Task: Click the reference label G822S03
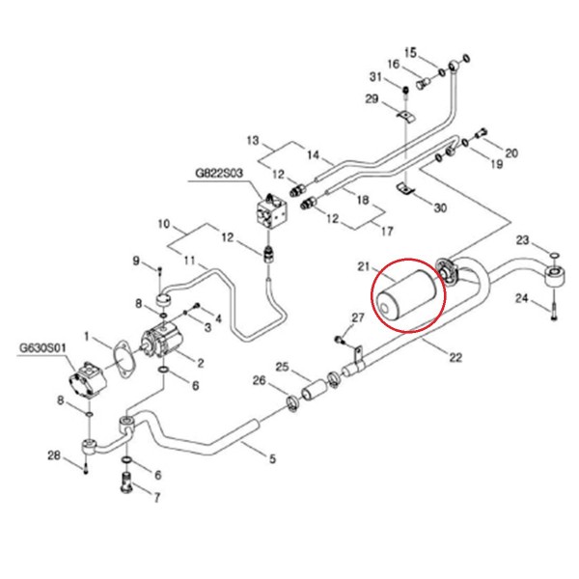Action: click(x=219, y=173)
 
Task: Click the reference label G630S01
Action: click(x=42, y=347)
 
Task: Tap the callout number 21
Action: click(x=364, y=266)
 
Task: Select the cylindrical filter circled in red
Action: click(x=408, y=296)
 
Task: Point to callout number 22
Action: click(x=455, y=357)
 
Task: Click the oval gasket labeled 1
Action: click(x=124, y=360)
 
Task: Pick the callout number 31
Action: click(x=375, y=77)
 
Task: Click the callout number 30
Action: click(x=440, y=207)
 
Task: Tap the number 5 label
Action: click(x=272, y=459)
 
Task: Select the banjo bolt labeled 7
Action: click(x=125, y=482)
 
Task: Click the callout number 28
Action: click(x=54, y=455)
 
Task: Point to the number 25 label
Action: click(x=282, y=367)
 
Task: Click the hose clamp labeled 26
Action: click(x=293, y=403)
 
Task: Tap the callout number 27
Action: click(x=357, y=317)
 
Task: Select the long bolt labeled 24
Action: click(x=554, y=305)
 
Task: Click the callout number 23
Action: click(x=522, y=240)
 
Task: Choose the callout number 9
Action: click(x=136, y=261)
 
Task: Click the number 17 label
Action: click(x=387, y=232)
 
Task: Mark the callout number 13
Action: click(x=253, y=141)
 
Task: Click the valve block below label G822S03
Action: click(x=272, y=213)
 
